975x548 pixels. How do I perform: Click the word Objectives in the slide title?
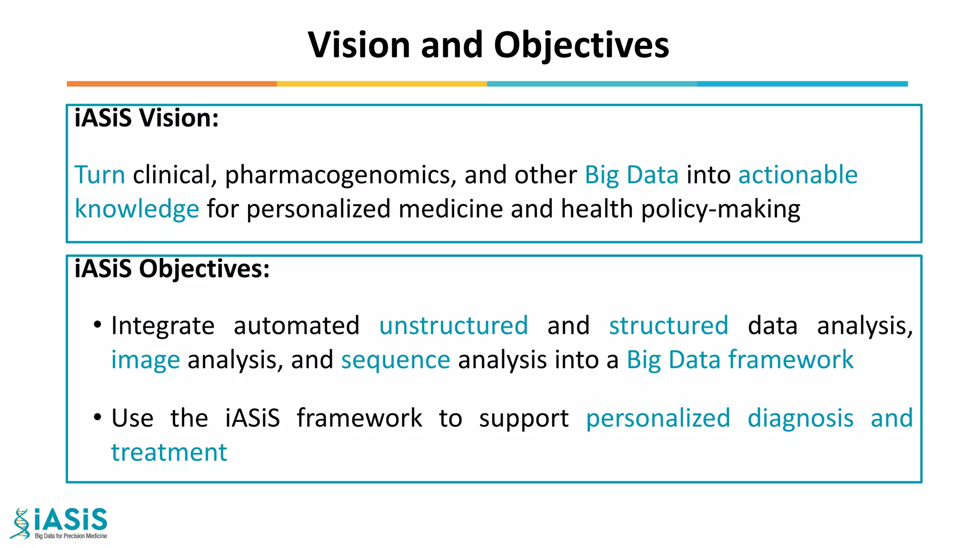(x=581, y=46)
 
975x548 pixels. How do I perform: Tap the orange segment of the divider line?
(x=171, y=84)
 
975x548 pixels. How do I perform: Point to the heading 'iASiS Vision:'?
(x=147, y=118)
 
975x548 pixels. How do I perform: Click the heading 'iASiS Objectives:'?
(x=172, y=269)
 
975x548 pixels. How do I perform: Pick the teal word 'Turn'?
(x=100, y=175)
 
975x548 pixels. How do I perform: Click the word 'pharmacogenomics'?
(x=338, y=176)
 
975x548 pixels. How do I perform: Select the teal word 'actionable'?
(x=798, y=175)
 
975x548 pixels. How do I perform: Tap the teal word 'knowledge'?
(x=137, y=209)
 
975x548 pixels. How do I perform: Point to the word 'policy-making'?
(x=721, y=209)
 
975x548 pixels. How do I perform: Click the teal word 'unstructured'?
(x=453, y=326)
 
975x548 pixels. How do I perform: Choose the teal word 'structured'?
(x=668, y=326)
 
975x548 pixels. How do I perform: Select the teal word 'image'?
(x=145, y=360)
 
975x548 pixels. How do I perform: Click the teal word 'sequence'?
(x=395, y=360)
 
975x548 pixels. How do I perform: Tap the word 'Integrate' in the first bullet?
(x=163, y=326)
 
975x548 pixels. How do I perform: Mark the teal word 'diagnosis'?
(x=800, y=419)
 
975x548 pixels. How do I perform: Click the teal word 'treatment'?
(x=169, y=452)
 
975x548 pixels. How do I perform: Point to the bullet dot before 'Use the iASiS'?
(x=98, y=418)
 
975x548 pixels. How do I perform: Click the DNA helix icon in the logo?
(x=20, y=524)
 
